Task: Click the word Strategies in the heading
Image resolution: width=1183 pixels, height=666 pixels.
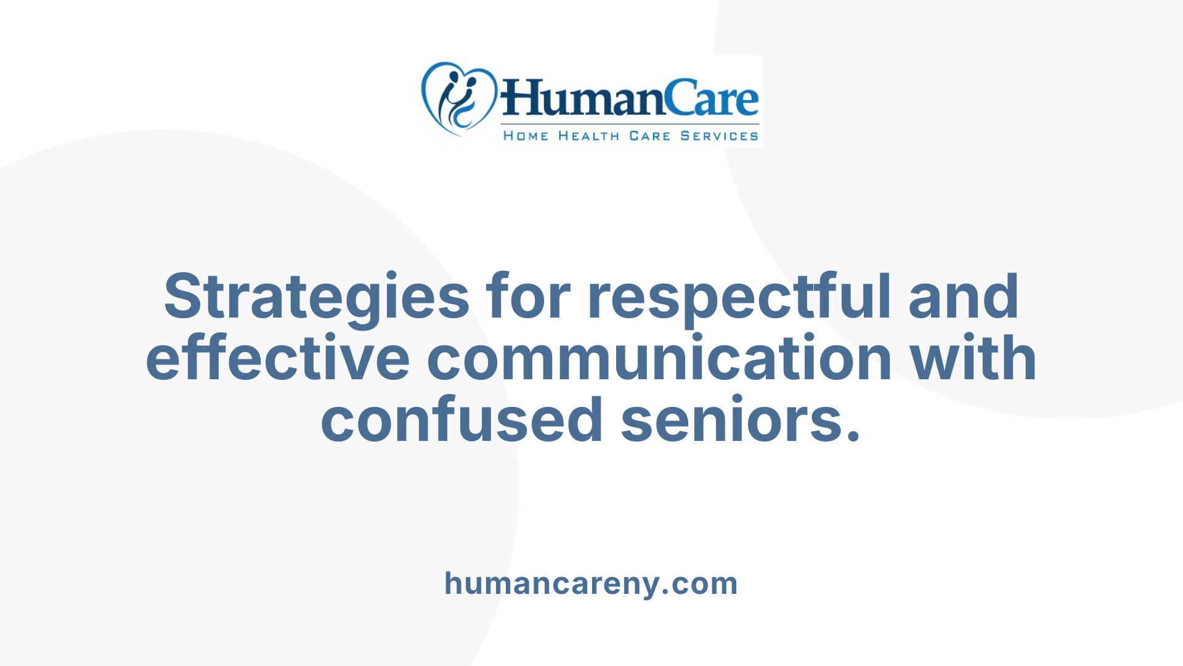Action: (316, 297)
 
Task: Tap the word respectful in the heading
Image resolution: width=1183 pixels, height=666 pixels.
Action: (739, 297)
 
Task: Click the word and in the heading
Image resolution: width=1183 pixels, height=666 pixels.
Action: (964, 297)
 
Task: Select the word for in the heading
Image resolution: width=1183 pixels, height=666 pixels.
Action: (528, 297)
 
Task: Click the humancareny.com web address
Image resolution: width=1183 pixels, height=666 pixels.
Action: (591, 583)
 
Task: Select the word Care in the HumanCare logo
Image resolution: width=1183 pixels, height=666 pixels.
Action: (712, 99)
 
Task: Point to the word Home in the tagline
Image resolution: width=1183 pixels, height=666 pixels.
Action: (526, 136)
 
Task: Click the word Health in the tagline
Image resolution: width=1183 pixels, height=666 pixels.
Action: (588, 136)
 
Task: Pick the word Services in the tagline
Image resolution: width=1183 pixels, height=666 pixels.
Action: (719, 136)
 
